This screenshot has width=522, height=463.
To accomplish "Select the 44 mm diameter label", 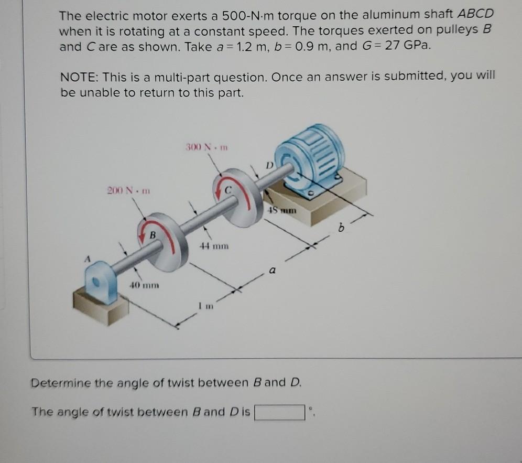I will (x=214, y=245).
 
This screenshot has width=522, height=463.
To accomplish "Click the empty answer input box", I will (x=280, y=413).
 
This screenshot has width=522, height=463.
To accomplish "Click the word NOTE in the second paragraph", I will (x=80, y=78).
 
